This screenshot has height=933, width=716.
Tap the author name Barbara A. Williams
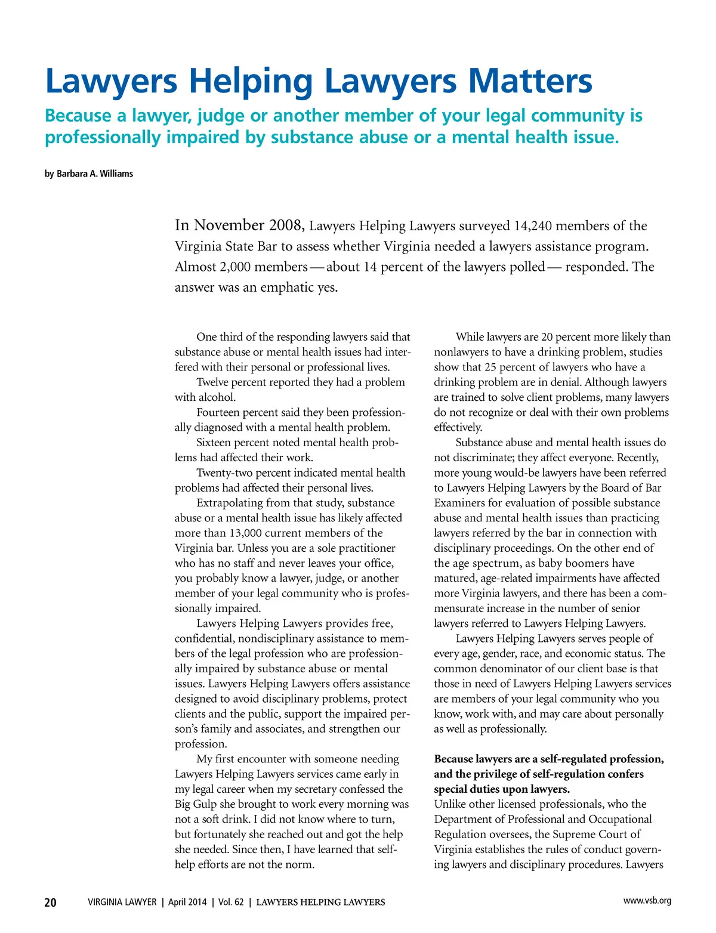tap(95, 174)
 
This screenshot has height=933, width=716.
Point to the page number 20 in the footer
tap(51, 903)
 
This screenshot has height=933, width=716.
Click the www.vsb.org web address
tap(647, 901)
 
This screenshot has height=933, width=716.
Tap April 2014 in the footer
tap(187, 903)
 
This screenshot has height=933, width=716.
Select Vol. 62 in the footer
tap(231, 903)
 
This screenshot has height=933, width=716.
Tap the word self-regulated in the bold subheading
tap(576, 759)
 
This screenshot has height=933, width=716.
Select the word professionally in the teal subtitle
tap(103, 138)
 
